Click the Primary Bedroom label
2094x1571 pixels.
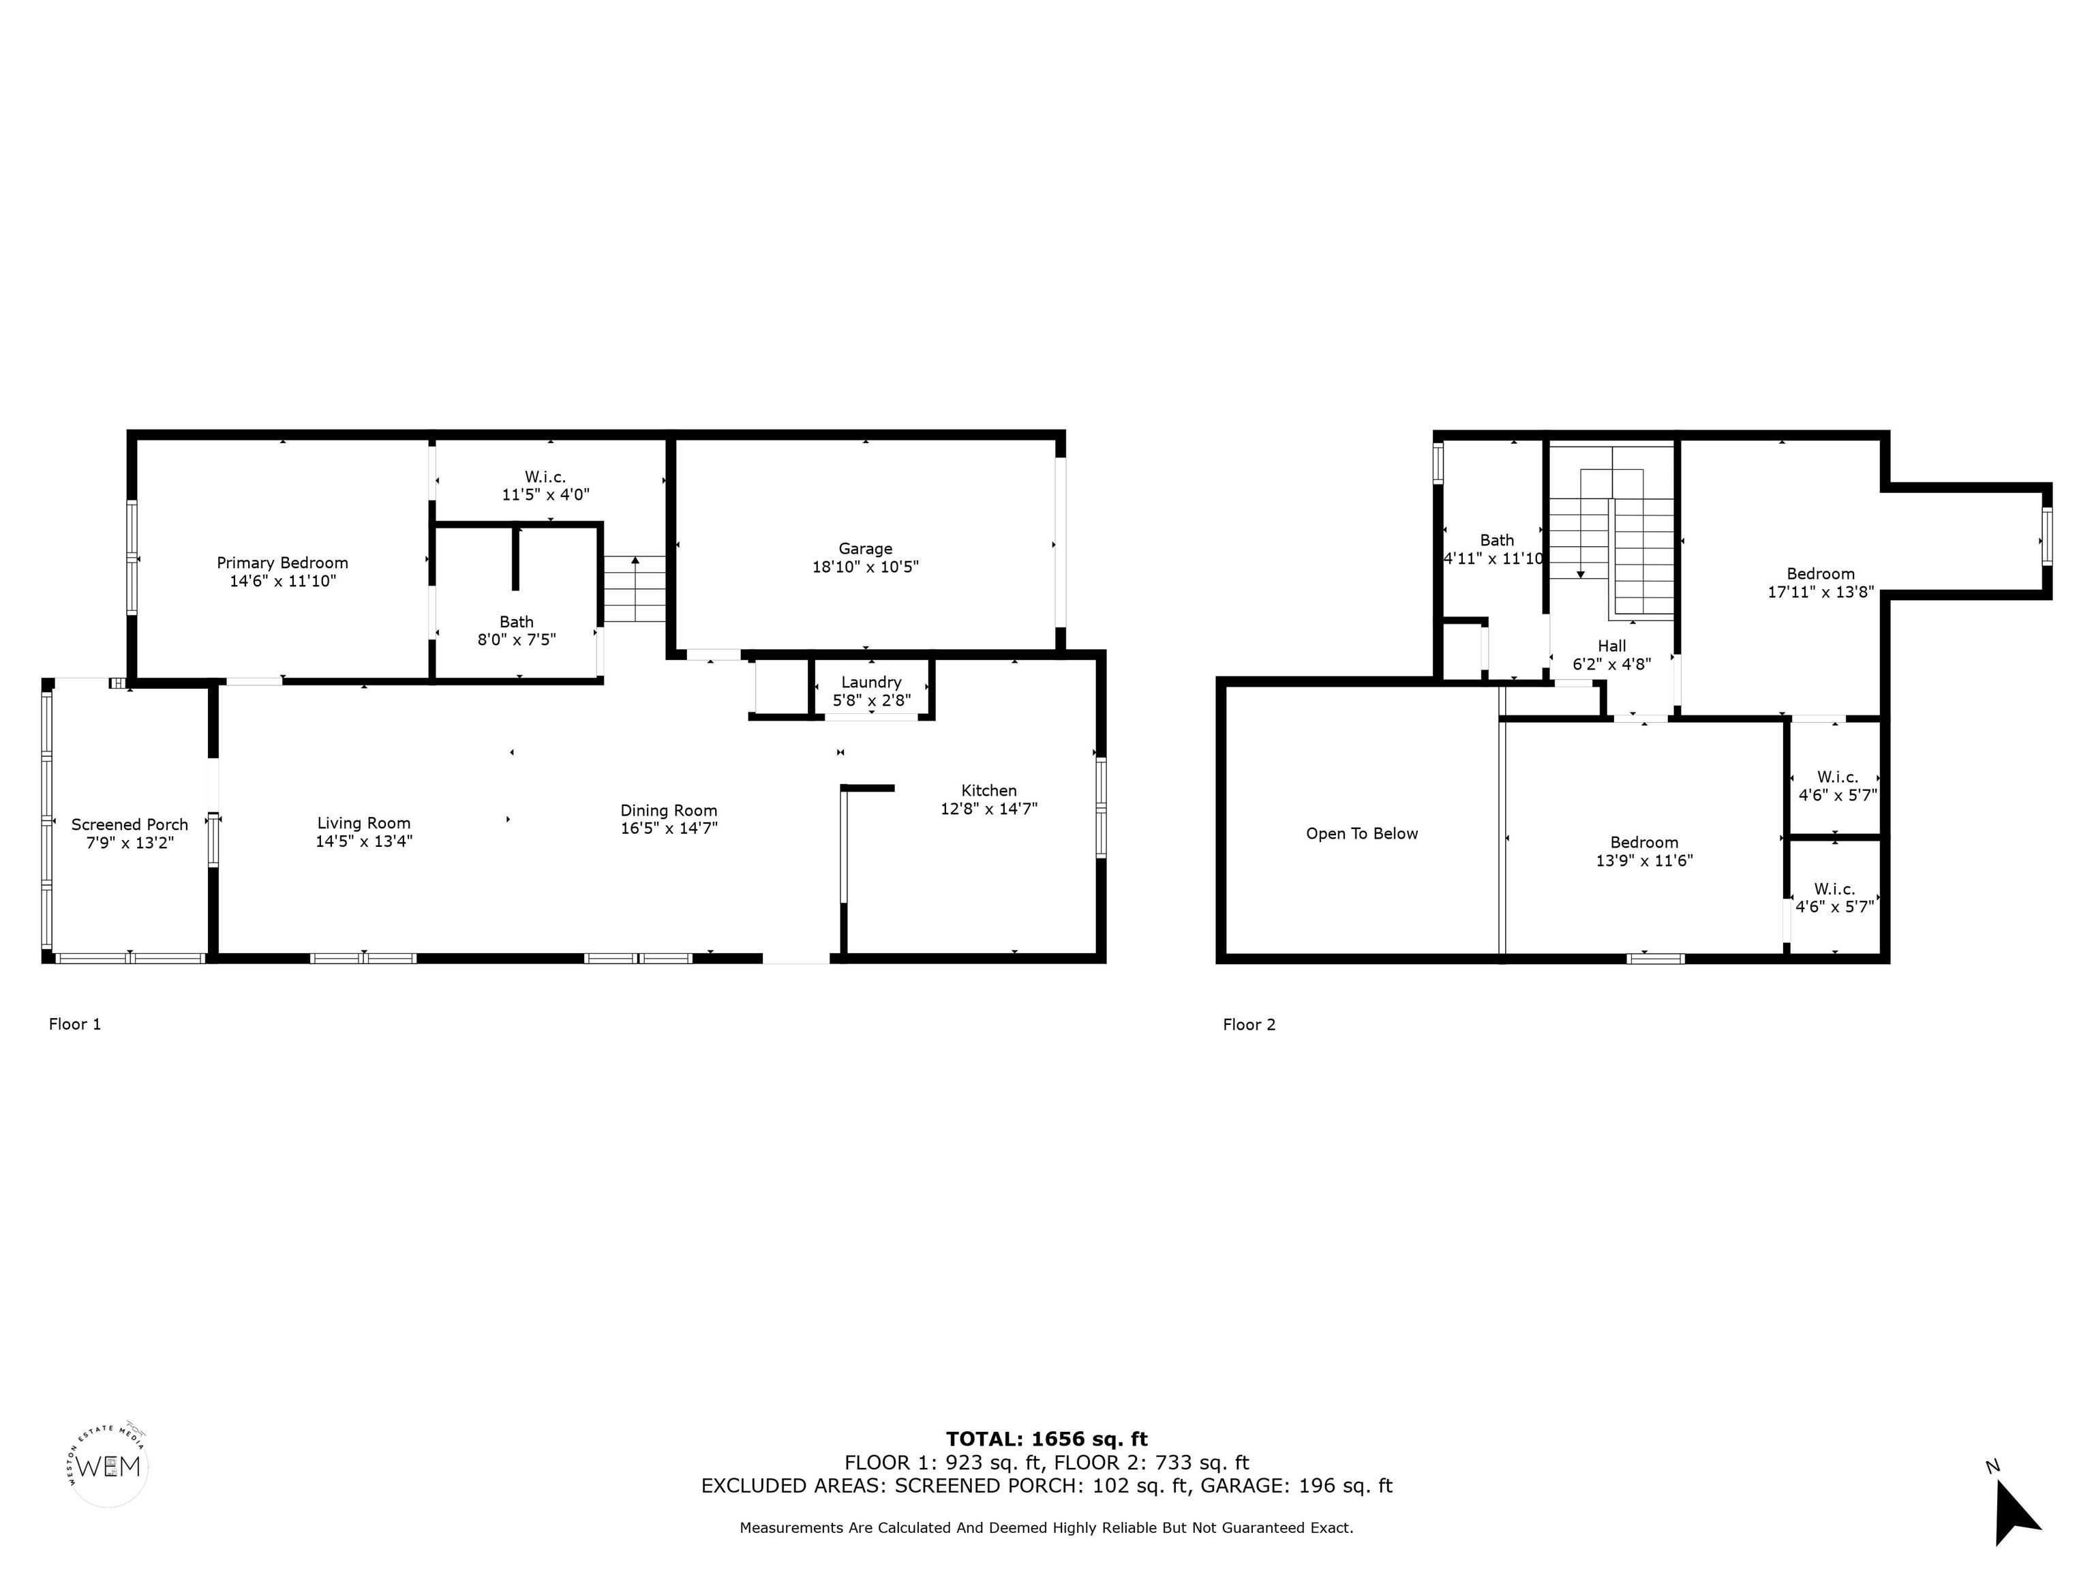tap(282, 563)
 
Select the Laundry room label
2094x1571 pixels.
tap(871, 683)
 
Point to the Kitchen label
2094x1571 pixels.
tap(989, 791)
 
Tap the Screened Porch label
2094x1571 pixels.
tap(130, 825)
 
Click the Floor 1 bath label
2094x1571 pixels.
tap(516, 622)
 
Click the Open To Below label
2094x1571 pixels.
tap(1362, 835)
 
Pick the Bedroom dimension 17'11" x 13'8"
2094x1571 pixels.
tap(1821, 593)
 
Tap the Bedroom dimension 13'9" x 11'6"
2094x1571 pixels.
tap(1644, 861)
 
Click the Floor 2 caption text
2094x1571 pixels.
tap(1249, 1025)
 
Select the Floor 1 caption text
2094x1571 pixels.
tap(75, 1023)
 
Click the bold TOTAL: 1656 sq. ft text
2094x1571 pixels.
tap(1047, 1440)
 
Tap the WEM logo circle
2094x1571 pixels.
tap(109, 1466)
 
